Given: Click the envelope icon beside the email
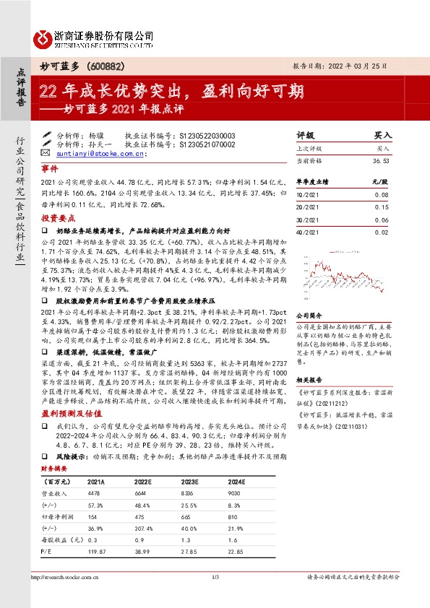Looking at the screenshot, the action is [x=46, y=154].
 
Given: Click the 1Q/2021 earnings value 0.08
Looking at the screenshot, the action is [x=381, y=195].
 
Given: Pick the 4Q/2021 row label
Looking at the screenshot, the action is [x=306, y=231].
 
